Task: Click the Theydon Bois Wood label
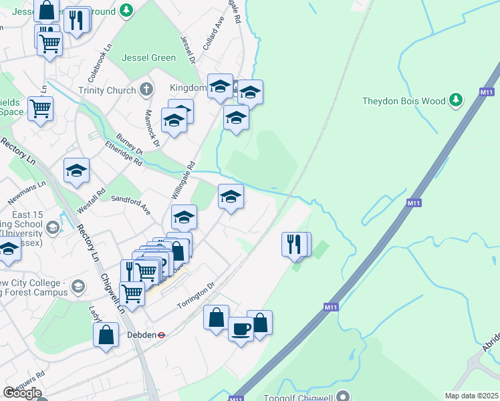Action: click(x=403, y=102)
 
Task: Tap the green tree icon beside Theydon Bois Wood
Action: click(x=456, y=100)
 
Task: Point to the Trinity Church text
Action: click(x=106, y=90)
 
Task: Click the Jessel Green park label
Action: click(x=149, y=57)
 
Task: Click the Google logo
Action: click(x=22, y=392)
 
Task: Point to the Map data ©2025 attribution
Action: click(x=471, y=396)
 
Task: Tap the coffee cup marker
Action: click(x=241, y=328)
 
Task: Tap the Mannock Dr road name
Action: click(x=152, y=125)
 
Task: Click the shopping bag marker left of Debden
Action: click(x=107, y=335)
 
